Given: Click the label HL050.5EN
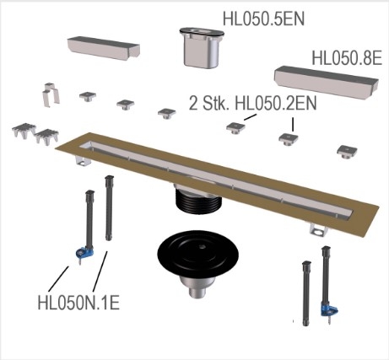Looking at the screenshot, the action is pos(263,19).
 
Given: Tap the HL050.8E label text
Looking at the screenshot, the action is pos(347,58).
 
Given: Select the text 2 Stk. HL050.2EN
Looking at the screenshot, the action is pos(252,103).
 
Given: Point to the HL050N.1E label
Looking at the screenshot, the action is pos(78,303).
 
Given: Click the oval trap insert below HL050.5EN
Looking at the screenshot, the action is pos(202,47).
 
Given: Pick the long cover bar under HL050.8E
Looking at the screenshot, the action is pos(327,83).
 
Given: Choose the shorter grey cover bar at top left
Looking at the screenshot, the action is pos(104,48).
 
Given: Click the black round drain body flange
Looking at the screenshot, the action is pos(198,255).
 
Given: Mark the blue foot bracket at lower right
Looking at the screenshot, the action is pos(329,311).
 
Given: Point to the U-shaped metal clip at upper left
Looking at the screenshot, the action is pos(51,94).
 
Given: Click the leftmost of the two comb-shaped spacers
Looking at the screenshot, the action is pos(24,131).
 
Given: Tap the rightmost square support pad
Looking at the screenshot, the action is pos(347,151).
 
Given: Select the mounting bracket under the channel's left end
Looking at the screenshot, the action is pos(84,161).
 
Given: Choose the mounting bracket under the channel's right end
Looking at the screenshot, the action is pos(319,229).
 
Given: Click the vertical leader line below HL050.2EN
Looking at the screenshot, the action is pos(293,124).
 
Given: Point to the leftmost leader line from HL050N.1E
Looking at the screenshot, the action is pos(58,279).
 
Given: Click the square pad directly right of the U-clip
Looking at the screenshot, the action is pos(88,97).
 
